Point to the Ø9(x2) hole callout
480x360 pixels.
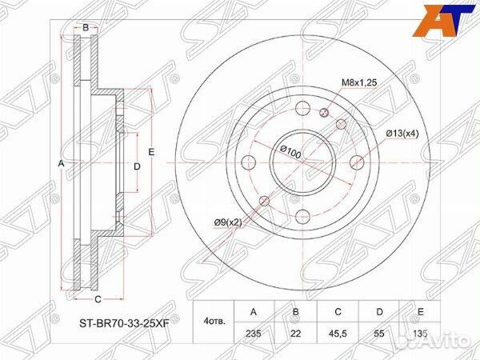click(x=227, y=222)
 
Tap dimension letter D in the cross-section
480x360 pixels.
click(x=137, y=166)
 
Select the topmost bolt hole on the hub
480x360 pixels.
click(x=302, y=110)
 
